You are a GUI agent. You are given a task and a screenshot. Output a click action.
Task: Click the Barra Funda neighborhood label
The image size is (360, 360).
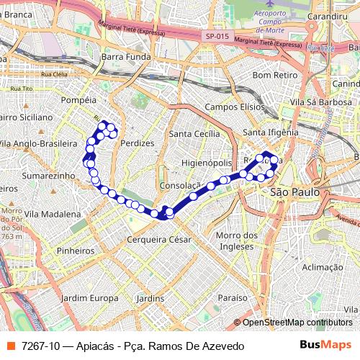(x=126, y=56)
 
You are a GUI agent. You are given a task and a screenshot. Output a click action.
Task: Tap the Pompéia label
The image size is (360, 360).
(x=79, y=101)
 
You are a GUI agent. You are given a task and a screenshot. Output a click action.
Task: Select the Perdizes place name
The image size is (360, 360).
(x=138, y=143)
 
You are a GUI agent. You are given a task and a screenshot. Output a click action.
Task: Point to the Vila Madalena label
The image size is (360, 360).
(x=53, y=214)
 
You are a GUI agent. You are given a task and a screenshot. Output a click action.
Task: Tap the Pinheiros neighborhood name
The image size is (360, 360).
(x=76, y=251)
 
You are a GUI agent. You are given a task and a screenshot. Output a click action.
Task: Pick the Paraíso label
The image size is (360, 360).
(x=233, y=297)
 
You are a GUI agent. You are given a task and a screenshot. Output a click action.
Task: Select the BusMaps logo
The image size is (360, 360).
(x=325, y=346)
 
